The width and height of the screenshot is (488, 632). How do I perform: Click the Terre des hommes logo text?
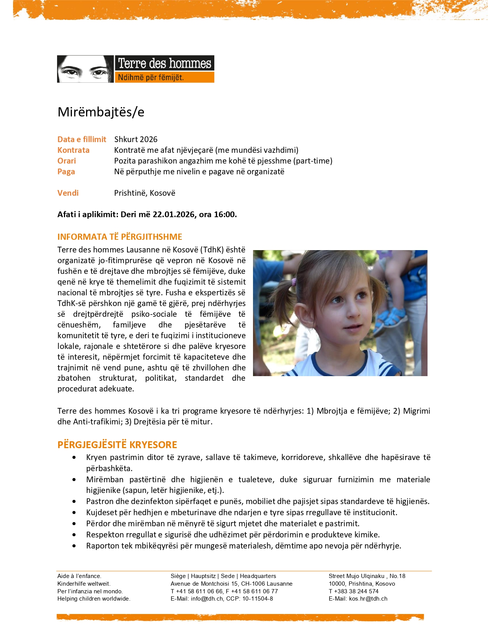click(x=164, y=63)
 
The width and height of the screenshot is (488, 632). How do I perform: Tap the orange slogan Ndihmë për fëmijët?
click(x=151, y=77)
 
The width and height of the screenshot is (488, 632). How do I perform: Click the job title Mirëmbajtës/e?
click(x=101, y=112)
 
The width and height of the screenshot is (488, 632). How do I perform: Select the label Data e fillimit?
click(x=82, y=139)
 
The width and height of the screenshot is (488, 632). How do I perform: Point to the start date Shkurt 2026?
click(x=136, y=139)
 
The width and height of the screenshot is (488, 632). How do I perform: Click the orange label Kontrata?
click(x=73, y=150)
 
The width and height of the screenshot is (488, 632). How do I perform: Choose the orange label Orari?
click(x=67, y=161)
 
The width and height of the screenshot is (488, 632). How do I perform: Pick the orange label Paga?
click(x=66, y=172)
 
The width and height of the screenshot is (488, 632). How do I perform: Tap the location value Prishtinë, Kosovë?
click(x=145, y=193)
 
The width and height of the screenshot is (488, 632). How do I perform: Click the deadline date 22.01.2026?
click(x=174, y=214)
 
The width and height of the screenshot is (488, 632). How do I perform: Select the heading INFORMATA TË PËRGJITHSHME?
click(x=120, y=237)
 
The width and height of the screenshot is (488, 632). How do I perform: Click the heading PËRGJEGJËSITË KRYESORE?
click(x=117, y=445)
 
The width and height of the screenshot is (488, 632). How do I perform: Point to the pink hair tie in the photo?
click(x=294, y=282)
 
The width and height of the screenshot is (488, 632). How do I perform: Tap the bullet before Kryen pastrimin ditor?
click(x=74, y=457)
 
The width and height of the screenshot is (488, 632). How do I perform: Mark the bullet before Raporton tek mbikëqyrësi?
click(x=74, y=546)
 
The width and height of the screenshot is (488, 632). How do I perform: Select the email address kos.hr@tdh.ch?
click(x=368, y=599)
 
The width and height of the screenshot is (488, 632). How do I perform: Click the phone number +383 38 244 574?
click(x=356, y=591)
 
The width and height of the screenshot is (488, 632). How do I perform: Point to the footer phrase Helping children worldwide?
click(x=94, y=599)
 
